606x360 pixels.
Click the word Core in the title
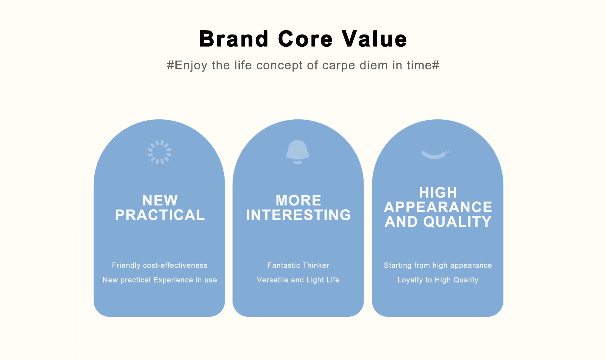305,39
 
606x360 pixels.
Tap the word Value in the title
375,39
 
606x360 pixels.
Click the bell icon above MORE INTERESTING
298,152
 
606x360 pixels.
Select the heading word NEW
160,200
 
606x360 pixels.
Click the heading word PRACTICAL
160,215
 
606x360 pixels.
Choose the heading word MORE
298,200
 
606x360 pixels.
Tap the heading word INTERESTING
298,215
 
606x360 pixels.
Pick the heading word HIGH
438,192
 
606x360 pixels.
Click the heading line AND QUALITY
438,222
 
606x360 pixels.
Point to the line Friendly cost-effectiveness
160,265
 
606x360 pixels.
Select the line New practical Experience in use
160,280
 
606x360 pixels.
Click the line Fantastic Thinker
298,265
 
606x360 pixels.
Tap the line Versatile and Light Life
298,280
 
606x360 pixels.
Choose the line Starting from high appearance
438,265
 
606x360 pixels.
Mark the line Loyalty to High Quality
438,280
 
